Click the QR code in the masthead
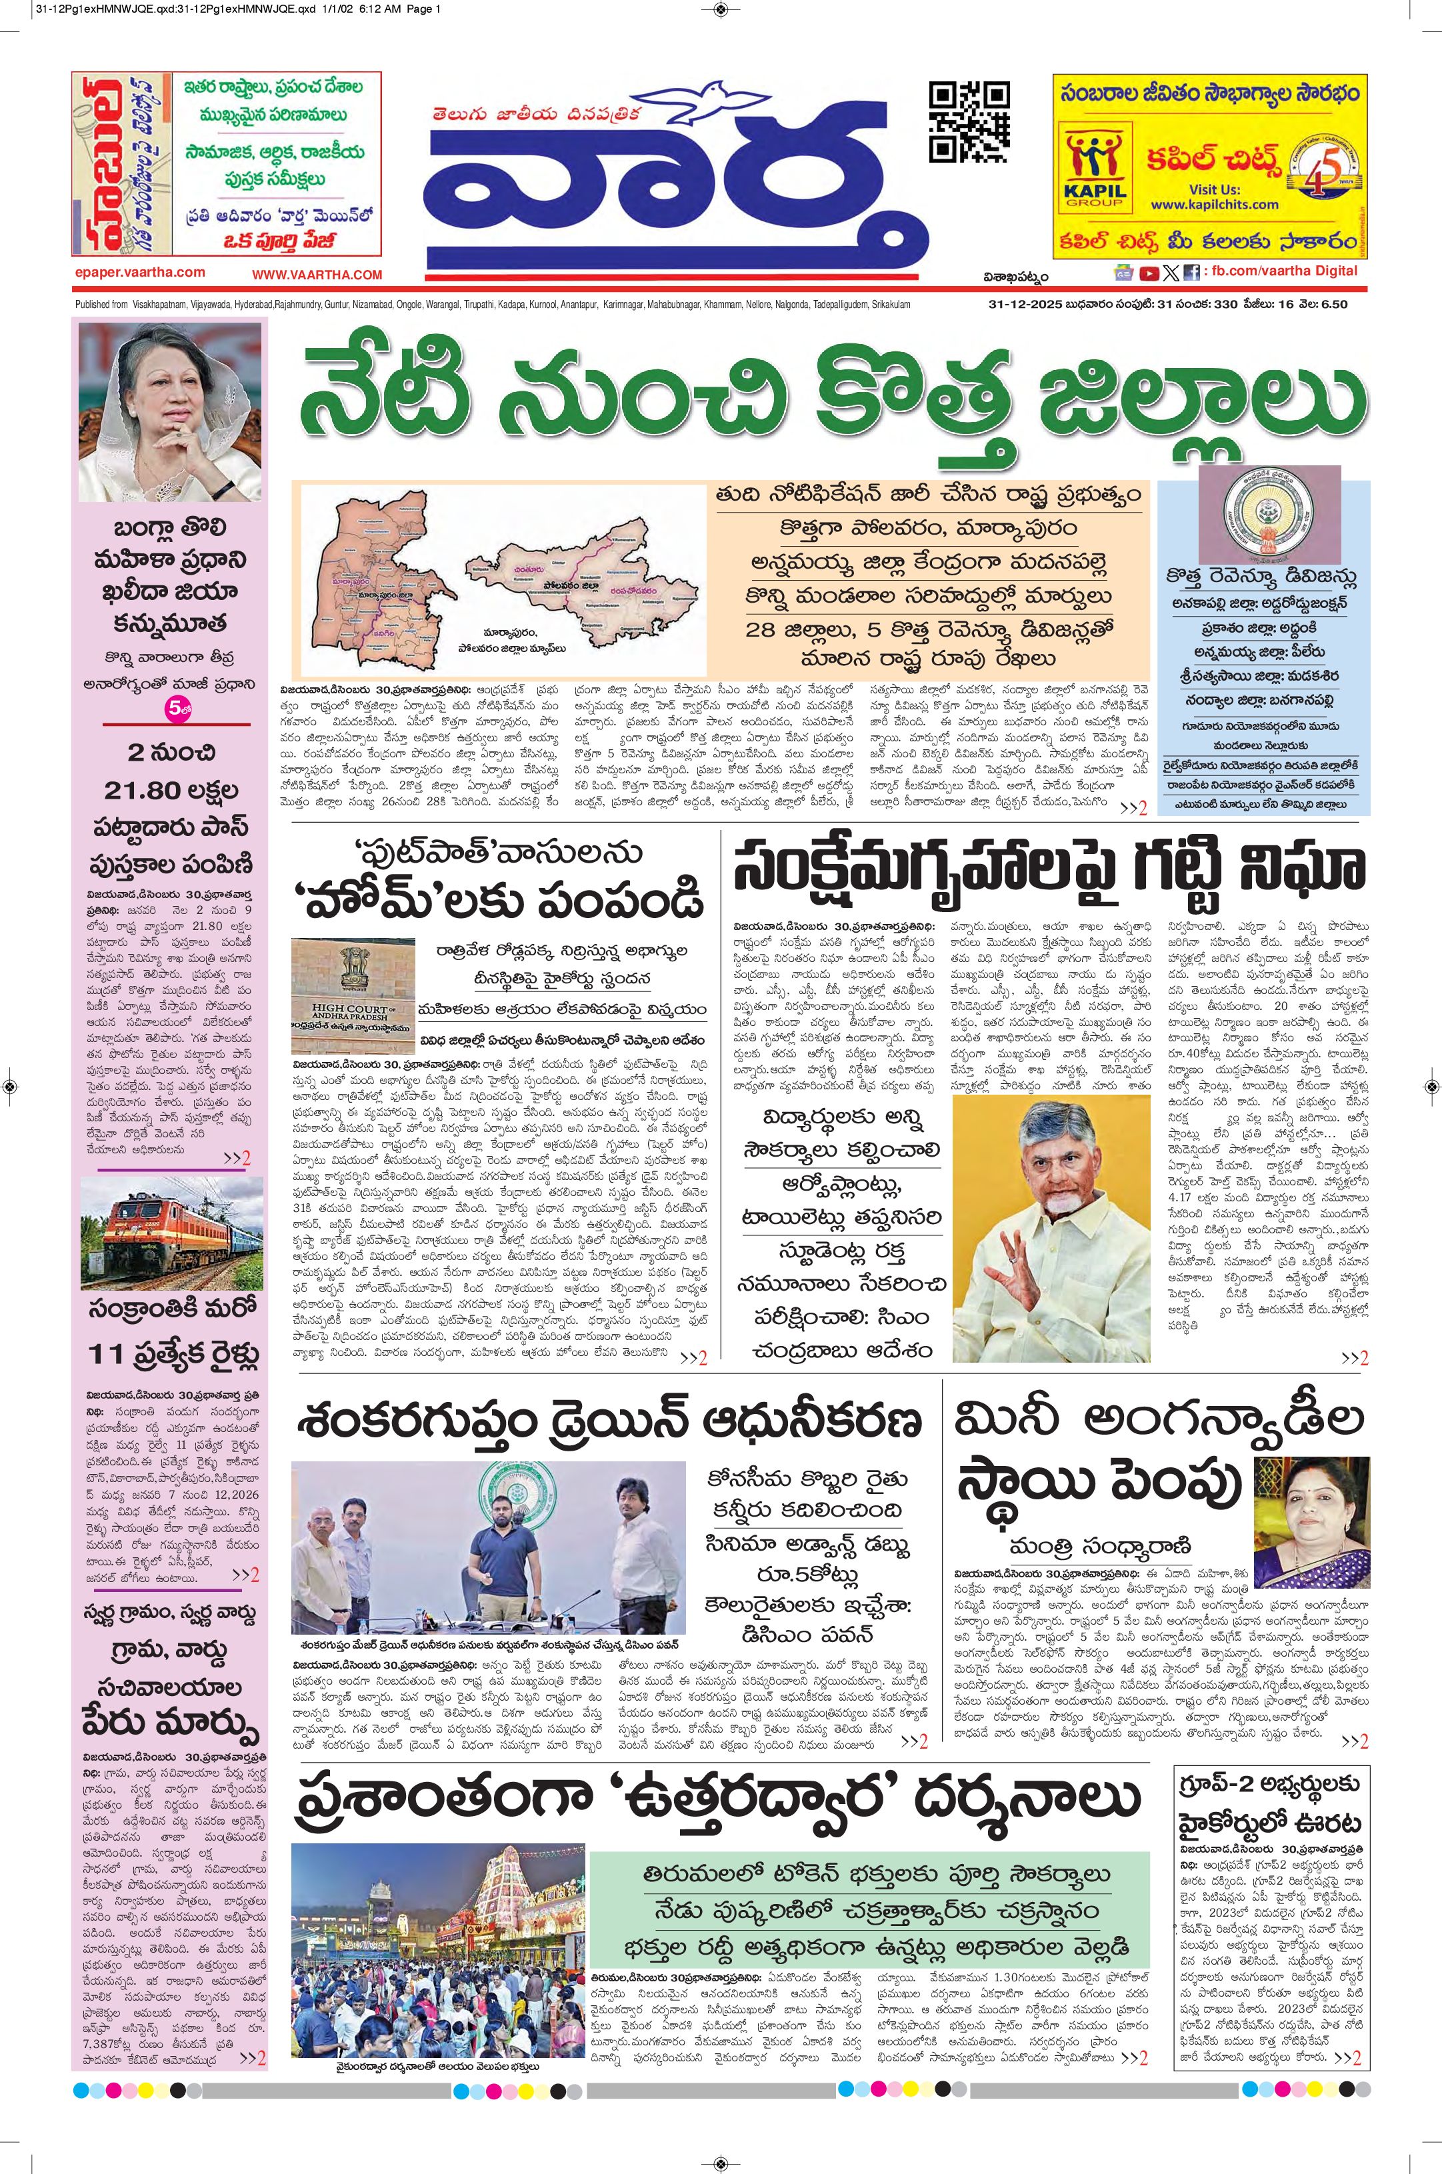pos(969,121)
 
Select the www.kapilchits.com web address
pos(1201,204)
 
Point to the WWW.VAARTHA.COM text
pos(317,275)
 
